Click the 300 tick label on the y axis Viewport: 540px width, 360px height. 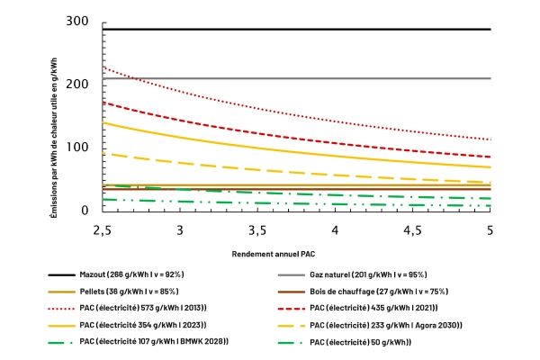(x=77, y=22)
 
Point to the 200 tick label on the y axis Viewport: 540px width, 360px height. (x=77, y=84)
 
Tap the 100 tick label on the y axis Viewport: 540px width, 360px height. (x=77, y=147)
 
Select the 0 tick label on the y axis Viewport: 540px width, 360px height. (x=85, y=210)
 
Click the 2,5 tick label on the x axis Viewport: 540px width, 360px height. (x=103, y=230)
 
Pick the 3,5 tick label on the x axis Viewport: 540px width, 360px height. (x=257, y=230)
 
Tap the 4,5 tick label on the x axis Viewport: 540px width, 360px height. (x=412, y=230)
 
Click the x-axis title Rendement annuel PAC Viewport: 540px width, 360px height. (x=274, y=254)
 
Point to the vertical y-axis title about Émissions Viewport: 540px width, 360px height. (x=53, y=138)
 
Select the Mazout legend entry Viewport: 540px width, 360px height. (x=116, y=274)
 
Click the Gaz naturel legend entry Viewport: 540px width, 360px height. (x=352, y=274)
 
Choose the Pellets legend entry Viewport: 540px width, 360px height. (x=113, y=292)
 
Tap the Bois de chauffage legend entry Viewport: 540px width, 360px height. (x=363, y=292)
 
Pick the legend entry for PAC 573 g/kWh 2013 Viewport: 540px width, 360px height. (x=127, y=308)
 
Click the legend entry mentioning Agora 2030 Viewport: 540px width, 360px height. (x=370, y=325)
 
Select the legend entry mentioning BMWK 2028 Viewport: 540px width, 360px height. (x=138, y=341)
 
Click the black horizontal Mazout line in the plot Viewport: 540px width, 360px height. (x=296, y=30)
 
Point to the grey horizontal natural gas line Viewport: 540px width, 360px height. (x=296, y=78)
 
